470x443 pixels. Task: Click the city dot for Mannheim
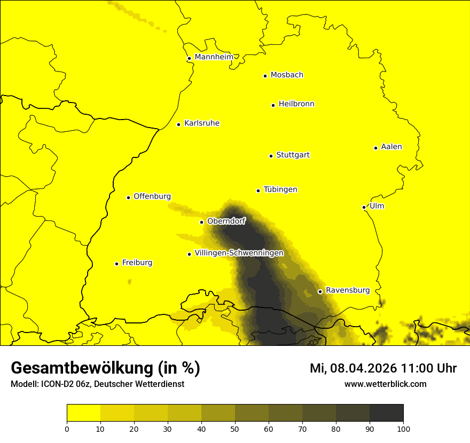coord(189,59)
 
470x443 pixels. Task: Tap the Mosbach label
coord(287,75)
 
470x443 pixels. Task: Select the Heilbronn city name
coord(296,104)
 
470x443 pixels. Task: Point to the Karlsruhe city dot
coord(179,124)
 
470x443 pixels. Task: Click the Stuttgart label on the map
coord(293,155)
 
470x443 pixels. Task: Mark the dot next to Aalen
coord(375,148)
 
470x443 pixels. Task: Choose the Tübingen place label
coord(280,189)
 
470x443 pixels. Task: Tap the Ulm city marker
coord(364,207)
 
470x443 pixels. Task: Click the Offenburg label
coord(152,196)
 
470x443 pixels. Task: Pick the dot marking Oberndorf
coord(201,222)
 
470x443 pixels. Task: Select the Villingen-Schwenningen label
coord(239,253)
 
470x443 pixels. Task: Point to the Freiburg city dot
coord(116,264)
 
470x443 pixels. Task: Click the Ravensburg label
coord(348,290)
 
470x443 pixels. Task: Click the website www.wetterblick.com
coord(385,384)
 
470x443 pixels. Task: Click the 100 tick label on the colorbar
coord(403,429)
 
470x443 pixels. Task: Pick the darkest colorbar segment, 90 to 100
coord(386,413)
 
